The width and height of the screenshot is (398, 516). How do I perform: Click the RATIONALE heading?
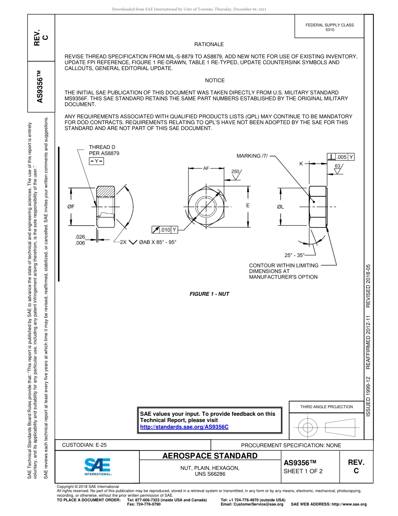(x=209, y=44)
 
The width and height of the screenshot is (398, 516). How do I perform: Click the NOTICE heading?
(x=215, y=81)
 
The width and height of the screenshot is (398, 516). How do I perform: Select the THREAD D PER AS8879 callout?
(x=104, y=150)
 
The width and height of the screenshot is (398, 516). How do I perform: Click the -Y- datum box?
(x=96, y=161)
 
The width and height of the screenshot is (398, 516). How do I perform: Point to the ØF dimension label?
(x=71, y=207)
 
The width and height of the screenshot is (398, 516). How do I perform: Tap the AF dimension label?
(x=206, y=168)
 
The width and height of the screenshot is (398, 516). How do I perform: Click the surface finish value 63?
(x=338, y=166)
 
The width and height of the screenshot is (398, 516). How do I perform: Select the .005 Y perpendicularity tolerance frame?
(x=341, y=157)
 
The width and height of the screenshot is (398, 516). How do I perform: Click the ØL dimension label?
(x=280, y=207)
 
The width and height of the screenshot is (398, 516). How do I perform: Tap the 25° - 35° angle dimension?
(x=295, y=255)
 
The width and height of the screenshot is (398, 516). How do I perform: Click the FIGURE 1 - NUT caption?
(x=209, y=294)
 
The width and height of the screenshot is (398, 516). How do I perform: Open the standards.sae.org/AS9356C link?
(x=184, y=427)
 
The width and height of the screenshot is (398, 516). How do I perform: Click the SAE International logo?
(x=97, y=466)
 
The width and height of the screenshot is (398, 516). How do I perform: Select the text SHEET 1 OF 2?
(x=303, y=471)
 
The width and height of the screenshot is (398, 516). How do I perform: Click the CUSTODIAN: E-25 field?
(x=84, y=445)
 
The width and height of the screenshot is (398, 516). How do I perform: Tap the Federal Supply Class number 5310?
(x=329, y=30)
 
